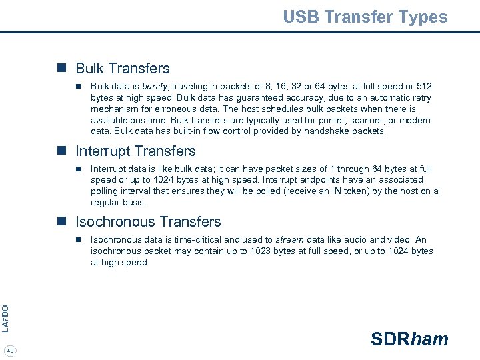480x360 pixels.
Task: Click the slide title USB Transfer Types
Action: pyautogui.click(x=365, y=17)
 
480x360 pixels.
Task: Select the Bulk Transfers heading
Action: pyautogui.click(x=123, y=68)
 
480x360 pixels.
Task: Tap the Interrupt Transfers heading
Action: pyautogui.click(x=135, y=151)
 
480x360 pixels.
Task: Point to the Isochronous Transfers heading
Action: pyautogui.click(x=148, y=221)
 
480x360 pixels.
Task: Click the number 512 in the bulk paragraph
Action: pyautogui.click(x=423, y=87)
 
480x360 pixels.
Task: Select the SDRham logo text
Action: pyautogui.click(x=409, y=339)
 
